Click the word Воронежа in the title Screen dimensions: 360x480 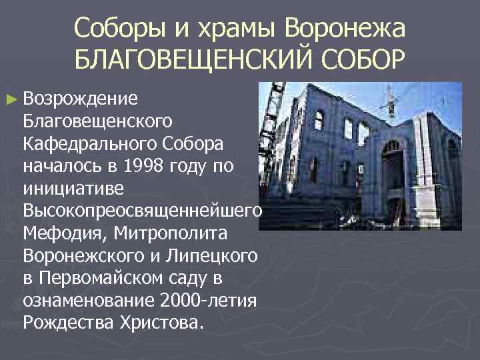tap(345, 28)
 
